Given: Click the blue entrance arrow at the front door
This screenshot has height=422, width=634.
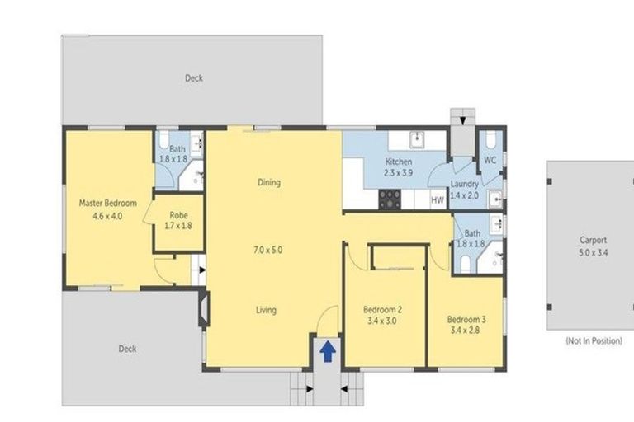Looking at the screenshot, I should coord(327,352).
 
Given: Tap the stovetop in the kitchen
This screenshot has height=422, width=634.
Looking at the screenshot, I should coord(389,199).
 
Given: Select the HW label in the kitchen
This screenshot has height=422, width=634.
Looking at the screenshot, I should coord(438,199).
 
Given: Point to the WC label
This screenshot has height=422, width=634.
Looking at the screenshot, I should coord(490,160).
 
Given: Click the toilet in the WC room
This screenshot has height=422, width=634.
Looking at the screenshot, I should coord(490,138).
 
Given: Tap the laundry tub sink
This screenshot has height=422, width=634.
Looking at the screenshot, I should coord(494,199).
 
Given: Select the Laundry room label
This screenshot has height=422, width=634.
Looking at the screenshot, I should coord(465,185).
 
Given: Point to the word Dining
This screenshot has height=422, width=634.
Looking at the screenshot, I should coord(269,182).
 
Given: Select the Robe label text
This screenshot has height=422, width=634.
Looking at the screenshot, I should coord(177,214).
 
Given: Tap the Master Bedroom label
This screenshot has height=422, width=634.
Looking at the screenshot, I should coord(107,204).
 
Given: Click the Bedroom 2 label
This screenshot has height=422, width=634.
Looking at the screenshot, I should coord(383,310).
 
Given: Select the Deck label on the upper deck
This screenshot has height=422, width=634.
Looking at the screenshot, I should coord(194,78).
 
